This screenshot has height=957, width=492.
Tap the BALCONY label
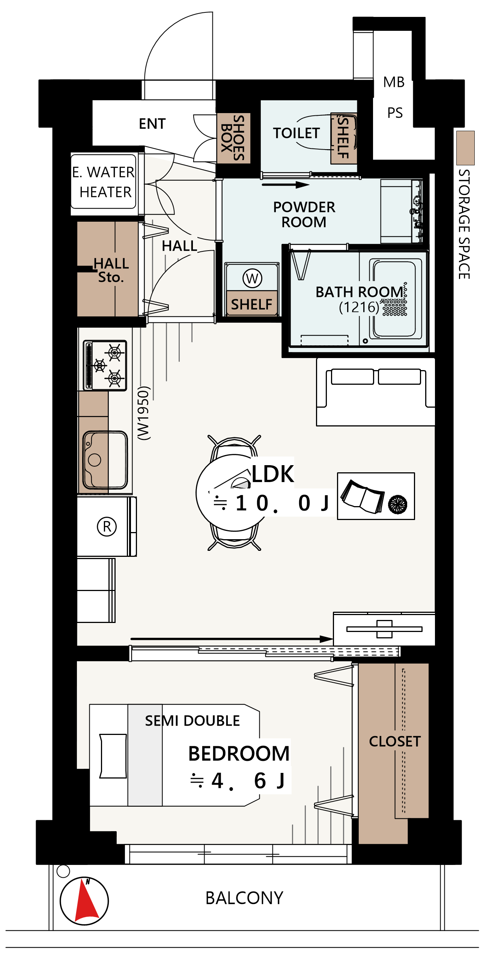click(244, 898)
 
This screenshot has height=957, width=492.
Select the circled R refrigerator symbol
click(107, 526)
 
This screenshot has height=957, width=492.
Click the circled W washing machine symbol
click(252, 278)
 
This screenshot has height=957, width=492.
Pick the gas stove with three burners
click(105, 366)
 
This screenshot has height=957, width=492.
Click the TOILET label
click(296, 133)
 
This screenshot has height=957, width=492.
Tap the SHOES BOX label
click(233, 138)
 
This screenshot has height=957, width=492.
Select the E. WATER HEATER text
click(104, 182)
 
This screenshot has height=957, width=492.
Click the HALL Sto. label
click(111, 270)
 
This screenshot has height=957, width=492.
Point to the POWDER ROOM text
click(304, 214)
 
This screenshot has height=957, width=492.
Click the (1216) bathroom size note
click(359, 307)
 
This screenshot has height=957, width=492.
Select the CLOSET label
click(395, 741)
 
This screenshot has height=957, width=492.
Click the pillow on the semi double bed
click(113, 756)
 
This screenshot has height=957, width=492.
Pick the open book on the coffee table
click(363, 496)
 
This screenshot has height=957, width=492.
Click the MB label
click(394, 82)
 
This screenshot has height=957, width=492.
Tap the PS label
click(395, 113)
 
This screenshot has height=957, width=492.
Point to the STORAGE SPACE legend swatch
click(465, 148)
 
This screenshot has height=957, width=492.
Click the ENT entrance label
click(152, 124)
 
